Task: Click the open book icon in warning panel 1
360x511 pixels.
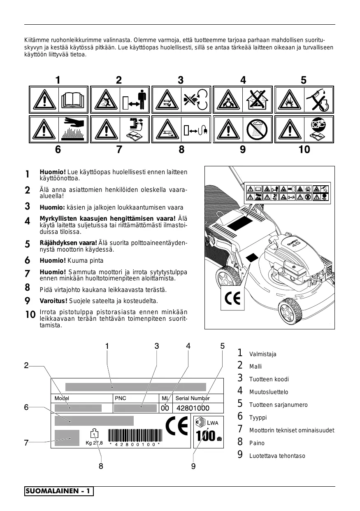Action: (74, 100)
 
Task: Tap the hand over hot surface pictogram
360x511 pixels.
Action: (74, 129)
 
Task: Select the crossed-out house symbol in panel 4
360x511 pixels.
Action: (258, 100)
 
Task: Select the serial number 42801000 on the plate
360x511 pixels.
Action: (193, 408)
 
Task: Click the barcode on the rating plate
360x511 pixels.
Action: (135, 435)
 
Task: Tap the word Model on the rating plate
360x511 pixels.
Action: (62, 398)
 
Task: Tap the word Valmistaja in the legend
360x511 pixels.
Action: (263, 354)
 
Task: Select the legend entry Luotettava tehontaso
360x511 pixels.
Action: (277, 456)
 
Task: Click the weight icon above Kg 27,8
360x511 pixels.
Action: (95, 434)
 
